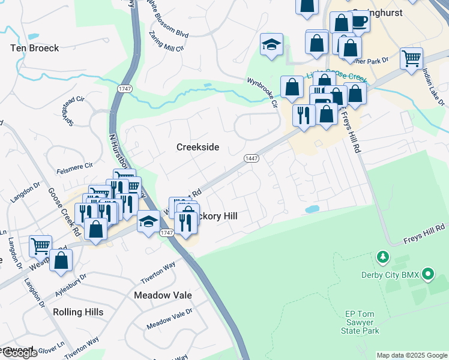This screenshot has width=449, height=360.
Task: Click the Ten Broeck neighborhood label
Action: click(35, 47)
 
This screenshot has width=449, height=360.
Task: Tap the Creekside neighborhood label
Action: click(197, 147)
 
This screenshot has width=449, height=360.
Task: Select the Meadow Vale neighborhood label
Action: click(163, 295)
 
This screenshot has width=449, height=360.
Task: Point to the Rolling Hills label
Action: click(78, 312)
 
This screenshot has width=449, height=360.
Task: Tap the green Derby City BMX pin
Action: click(427, 275)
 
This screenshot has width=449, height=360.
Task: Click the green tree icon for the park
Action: click(382, 258)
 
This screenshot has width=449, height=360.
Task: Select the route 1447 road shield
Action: click(252, 158)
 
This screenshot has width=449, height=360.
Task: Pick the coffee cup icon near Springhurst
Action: click(359, 22)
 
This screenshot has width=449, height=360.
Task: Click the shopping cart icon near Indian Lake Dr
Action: click(411, 58)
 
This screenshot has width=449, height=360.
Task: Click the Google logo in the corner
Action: click(19, 353)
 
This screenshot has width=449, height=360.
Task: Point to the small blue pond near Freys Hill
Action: click(312, 210)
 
